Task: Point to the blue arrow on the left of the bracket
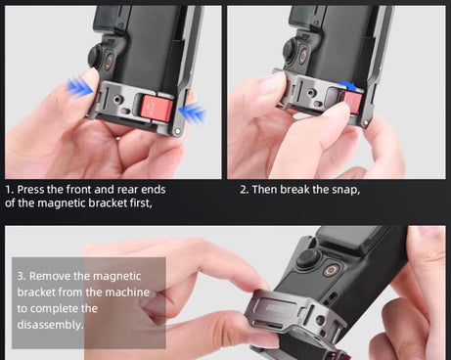(x=79, y=90)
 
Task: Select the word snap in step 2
(x=343, y=189)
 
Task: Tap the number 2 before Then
(x=244, y=189)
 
